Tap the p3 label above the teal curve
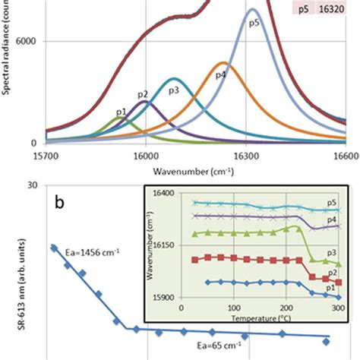tap(173, 90)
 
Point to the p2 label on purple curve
tap(142, 94)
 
